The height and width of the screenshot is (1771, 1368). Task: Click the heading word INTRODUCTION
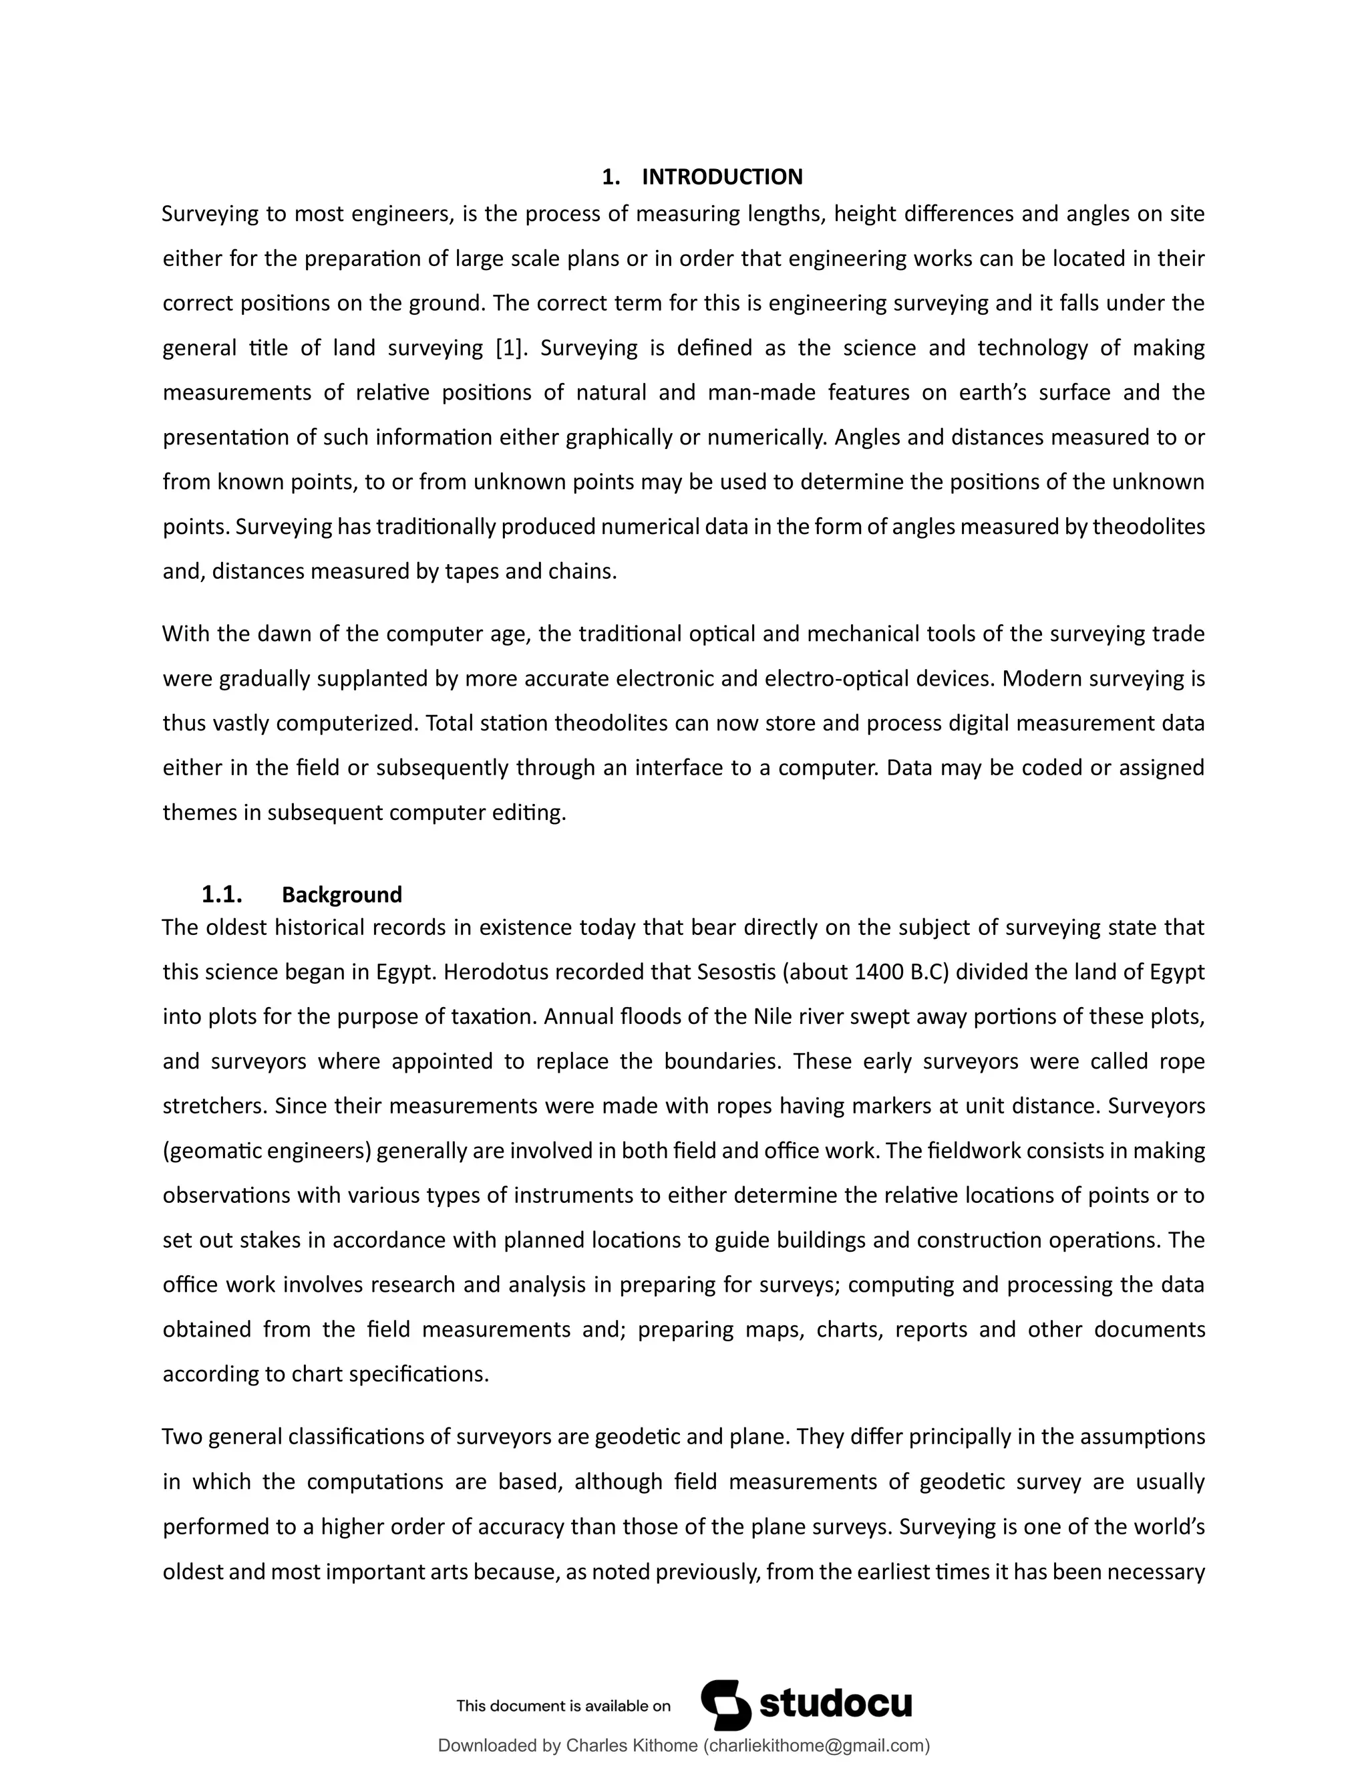click(x=722, y=177)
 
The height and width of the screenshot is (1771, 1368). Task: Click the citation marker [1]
click(x=510, y=348)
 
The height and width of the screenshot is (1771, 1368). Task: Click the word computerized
click(x=346, y=722)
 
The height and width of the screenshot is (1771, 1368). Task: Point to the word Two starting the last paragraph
click(x=181, y=1437)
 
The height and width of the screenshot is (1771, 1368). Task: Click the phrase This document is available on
click(x=563, y=1706)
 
